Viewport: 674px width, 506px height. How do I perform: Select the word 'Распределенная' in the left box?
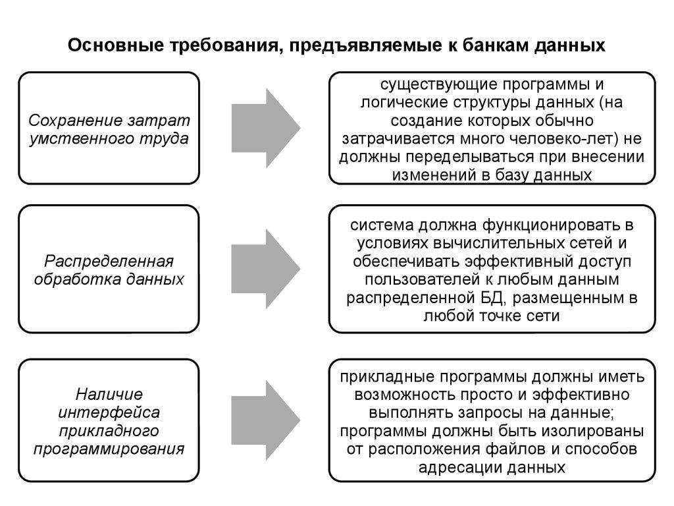coord(109,260)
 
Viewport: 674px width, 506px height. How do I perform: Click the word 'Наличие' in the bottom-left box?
coord(109,395)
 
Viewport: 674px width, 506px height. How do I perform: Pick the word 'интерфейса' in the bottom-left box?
coord(109,413)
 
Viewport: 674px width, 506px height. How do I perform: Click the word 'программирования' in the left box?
coord(109,449)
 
